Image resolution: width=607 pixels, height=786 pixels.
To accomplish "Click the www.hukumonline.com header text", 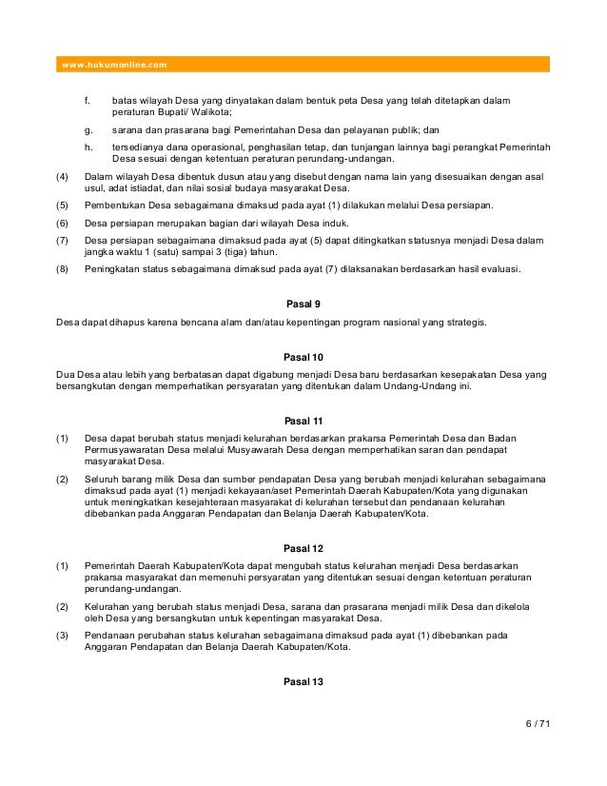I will tap(113, 65).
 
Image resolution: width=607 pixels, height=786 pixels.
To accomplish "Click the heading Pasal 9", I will tap(304, 305).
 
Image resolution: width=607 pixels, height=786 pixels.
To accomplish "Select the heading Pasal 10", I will tap(304, 357).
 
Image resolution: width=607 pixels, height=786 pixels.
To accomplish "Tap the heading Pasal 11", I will tap(304, 421).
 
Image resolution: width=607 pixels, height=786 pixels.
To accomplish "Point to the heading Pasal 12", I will tap(304, 548).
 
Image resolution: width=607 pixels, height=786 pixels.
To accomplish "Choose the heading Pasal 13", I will tap(304, 681).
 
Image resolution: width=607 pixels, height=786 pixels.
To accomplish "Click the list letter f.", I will tap(88, 100).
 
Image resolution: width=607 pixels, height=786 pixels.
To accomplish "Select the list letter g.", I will tap(88, 129).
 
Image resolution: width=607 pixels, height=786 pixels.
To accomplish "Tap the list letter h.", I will tap(88, 147).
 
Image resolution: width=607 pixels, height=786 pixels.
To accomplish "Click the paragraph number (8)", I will tap(63, 270).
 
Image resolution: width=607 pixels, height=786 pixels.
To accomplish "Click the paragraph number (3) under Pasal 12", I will tap(63, 636).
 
